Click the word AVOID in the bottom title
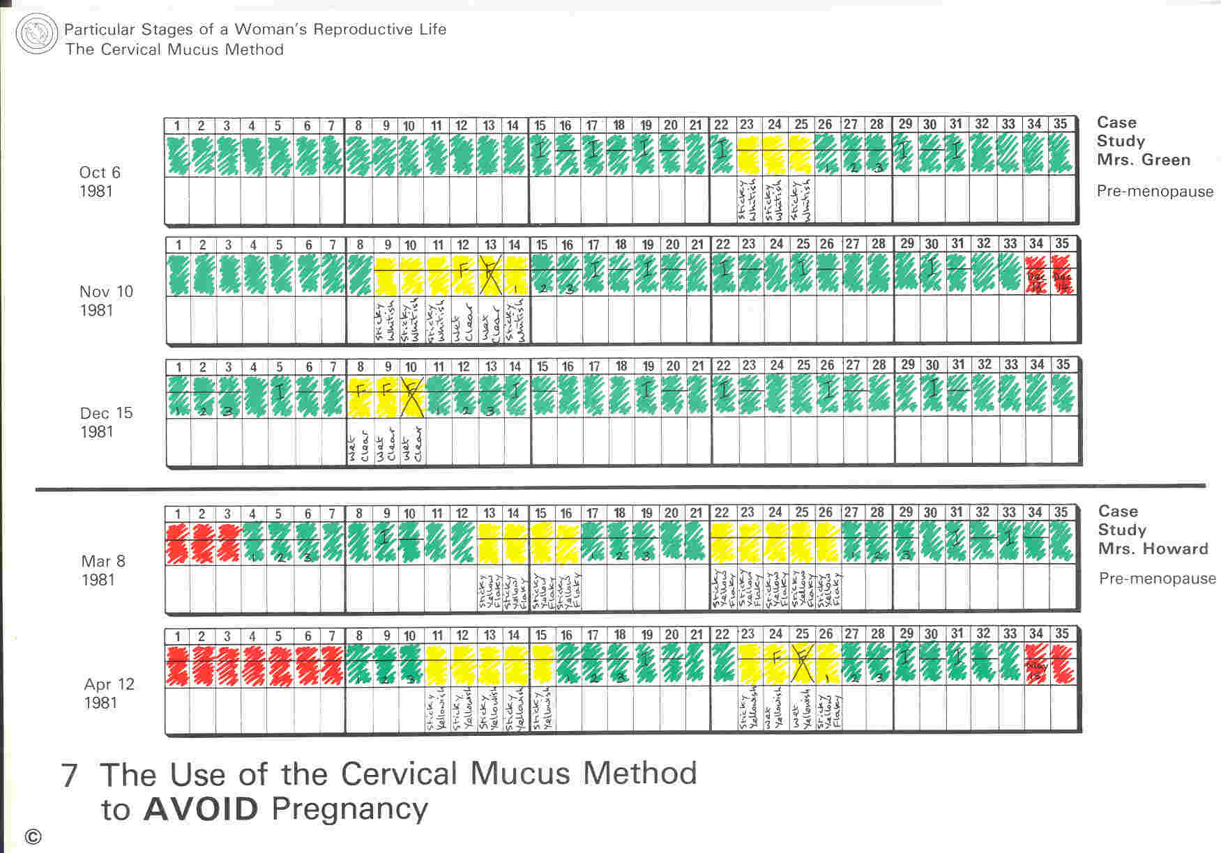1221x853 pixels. click(201, 809)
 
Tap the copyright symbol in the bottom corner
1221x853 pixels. click(33, 837)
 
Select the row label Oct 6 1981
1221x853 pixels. click(99, 182)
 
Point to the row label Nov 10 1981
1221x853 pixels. click(105, 301)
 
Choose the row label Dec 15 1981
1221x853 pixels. click(105, 422)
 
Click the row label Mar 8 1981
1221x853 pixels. click(103, 571)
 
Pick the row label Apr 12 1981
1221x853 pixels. click(109, 693)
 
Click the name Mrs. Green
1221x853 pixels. click(1143, 160)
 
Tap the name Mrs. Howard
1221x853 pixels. click(1153, 548)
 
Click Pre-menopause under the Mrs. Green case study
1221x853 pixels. click(1155, 192)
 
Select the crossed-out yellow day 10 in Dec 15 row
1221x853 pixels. click(411, 396)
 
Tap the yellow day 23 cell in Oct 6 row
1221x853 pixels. click(748, 155)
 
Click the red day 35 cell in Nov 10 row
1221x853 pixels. click(1063, 275)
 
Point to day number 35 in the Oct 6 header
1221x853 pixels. click(1060, 124)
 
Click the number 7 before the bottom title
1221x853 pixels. click(70, 776)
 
